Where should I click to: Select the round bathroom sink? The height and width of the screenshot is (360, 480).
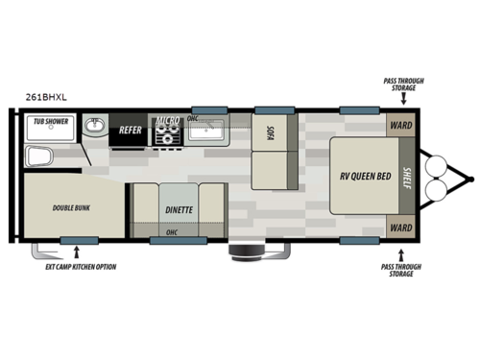pos(96,126)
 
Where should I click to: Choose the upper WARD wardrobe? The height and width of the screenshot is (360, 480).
pos(399,125)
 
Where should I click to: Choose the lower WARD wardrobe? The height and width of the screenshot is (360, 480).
pos(399,228)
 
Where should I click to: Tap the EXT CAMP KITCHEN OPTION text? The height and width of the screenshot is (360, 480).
pos(81,266)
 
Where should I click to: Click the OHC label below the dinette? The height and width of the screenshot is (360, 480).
pos(172,232)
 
